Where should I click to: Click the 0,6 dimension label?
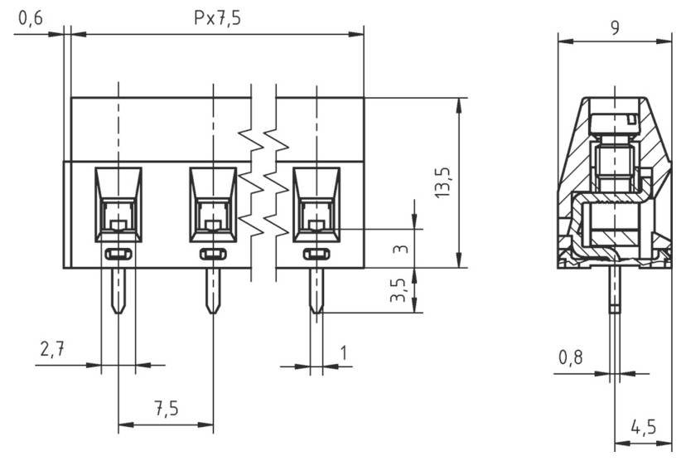click(x=31, y=18)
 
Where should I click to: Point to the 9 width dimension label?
click(x=615, y=27)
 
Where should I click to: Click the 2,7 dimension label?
click(x=51, y=350)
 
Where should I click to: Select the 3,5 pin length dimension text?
click(x=399, y=291)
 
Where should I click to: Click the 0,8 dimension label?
click(x=570, y=357)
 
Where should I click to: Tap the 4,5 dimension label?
click(x=643, y=428)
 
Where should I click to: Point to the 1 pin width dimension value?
click(x=343, y=352)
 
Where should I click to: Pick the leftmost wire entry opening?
click(x=118, y=204)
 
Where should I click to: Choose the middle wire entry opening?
click(x=214, y=204)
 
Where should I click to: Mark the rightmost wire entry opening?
click(x=316, y=204)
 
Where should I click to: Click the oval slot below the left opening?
click(x=118, y=254)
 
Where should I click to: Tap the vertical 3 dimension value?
click(x=399, y=248)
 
